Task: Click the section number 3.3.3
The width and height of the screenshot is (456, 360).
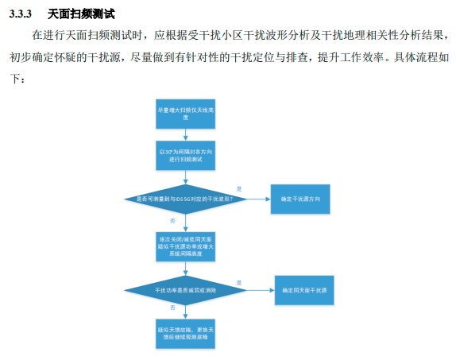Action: (22, 14)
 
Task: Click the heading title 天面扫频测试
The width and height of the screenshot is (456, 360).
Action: (82, 14)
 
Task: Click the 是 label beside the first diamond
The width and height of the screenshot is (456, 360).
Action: (239, 188)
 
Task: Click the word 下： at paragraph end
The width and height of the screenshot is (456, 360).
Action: (17, 79)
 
